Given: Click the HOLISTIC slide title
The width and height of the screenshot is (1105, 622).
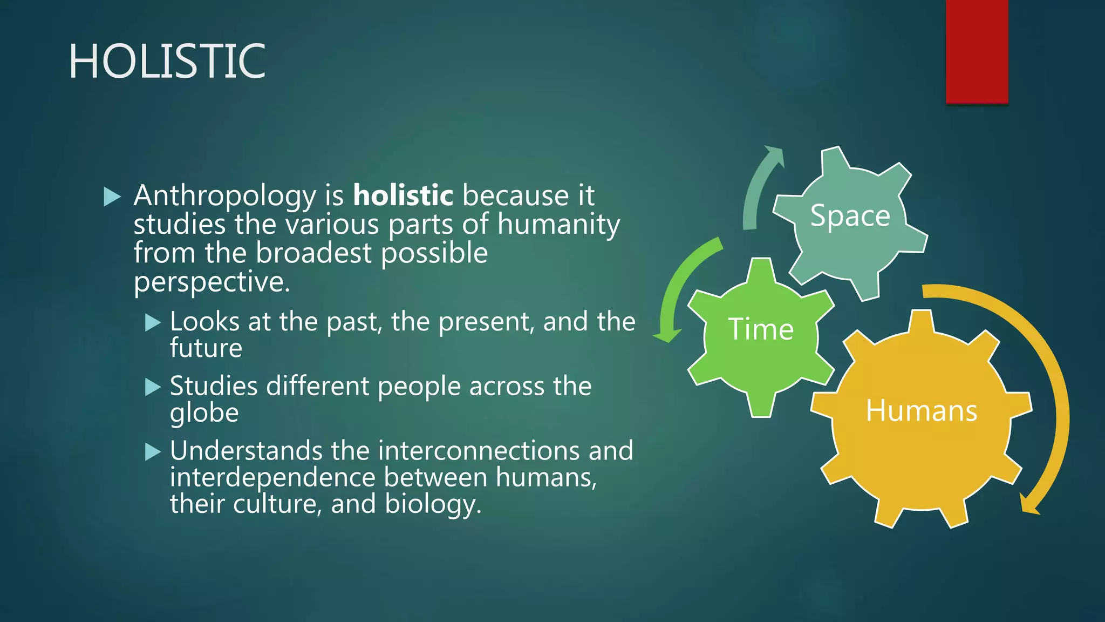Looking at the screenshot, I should click(x=167, y=62).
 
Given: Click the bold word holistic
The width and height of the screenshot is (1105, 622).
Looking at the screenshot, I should click(x=403, y=195).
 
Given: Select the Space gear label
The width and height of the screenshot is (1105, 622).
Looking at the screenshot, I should click(x=850, y=216).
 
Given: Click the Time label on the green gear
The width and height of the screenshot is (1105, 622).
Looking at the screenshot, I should click(x=761, y=329).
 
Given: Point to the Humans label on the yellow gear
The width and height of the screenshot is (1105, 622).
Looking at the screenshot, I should click(x=921, y=411).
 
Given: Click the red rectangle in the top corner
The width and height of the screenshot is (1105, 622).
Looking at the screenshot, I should click(x=977, y=51).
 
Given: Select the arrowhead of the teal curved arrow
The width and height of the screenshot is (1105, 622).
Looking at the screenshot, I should click(x=775, y=154).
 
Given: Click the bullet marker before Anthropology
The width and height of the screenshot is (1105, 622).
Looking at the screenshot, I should click(x=112, y=197).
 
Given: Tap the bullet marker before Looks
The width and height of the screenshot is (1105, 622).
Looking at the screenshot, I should click(x=153, y=323).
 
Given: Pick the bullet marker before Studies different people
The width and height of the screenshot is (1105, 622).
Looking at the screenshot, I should click(x=153, y=387).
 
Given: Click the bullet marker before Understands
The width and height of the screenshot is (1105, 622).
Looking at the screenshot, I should click(x=153, y=451).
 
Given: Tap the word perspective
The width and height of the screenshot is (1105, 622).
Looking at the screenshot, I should click(x=211, y=282).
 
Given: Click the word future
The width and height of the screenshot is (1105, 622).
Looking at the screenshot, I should click(x=206, y=348).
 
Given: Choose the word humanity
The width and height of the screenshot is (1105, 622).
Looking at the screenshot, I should click(x=558, y=225).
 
